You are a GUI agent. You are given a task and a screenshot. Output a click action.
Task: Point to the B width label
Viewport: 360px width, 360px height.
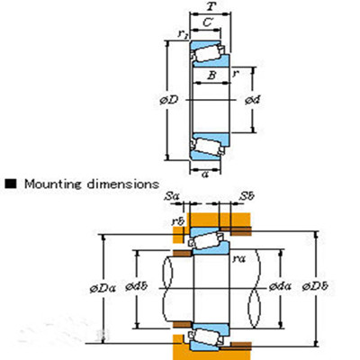(x=211, y=77)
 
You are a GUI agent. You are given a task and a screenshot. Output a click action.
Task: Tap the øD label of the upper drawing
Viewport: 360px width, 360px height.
(x=170, y=98)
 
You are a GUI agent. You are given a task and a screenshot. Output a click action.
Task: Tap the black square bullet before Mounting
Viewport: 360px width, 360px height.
(x=12, y=184)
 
